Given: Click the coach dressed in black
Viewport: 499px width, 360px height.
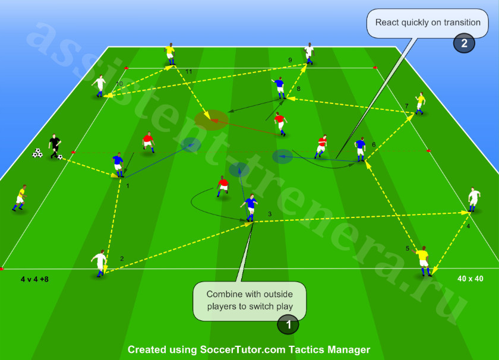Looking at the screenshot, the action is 55,146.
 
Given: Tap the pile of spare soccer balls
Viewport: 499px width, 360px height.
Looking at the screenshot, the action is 37,153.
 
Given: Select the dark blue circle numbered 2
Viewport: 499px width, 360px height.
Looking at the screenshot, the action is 464,43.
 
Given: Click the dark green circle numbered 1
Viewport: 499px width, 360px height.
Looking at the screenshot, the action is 288,324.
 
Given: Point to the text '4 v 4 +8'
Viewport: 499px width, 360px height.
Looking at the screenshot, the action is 34,279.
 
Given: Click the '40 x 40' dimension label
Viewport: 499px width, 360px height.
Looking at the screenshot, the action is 470,279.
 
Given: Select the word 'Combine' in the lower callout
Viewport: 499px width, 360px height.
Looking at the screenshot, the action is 222,294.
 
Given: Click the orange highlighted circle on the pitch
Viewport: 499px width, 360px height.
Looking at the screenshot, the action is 211,120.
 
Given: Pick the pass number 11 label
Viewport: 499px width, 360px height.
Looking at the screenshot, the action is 189,72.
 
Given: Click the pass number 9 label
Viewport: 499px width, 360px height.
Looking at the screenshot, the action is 290,60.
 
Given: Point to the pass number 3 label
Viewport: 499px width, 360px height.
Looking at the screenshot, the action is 270,214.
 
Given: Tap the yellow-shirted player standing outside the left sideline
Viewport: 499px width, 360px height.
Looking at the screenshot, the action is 20,198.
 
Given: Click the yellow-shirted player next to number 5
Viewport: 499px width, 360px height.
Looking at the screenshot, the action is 423,261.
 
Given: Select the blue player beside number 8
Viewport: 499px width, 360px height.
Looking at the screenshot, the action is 279,88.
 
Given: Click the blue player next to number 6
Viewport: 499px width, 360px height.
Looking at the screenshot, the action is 360,149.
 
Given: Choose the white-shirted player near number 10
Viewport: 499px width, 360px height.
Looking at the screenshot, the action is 100,86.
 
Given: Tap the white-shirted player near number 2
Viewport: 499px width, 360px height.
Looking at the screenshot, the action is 100,263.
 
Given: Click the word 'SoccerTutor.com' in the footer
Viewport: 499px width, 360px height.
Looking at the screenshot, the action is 242,349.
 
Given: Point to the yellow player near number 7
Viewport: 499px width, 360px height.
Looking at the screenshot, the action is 420,103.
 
